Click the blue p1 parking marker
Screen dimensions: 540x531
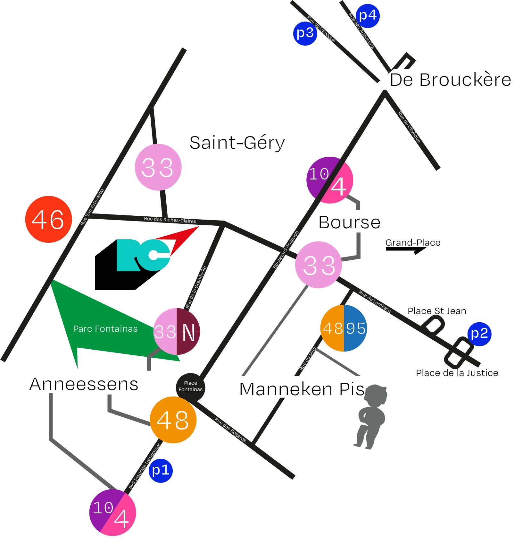161,471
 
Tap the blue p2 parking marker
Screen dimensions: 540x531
479,334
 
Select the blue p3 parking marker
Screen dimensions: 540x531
305,33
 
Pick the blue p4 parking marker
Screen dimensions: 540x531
368,16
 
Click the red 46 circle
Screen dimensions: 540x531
48,219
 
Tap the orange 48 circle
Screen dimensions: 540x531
173,420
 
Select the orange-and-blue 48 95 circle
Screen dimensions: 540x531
344,328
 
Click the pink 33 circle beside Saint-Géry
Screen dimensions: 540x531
158,167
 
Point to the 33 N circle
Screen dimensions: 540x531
177,332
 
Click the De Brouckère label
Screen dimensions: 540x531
450,80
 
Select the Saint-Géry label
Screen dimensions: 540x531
237,143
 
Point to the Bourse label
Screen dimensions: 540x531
349,222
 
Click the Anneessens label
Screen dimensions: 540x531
84,384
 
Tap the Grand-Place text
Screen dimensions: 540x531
413,243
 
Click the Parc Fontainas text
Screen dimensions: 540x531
105,329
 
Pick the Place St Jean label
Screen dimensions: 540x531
437,311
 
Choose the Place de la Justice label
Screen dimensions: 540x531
457,373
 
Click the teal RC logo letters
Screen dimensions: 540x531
143,255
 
